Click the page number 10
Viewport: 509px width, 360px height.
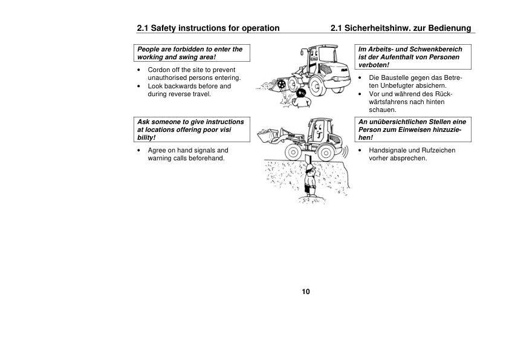(x=305, y=292)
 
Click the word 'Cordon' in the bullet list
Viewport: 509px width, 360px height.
(x=160, y=70)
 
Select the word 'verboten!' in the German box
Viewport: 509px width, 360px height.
(x=374, y=65)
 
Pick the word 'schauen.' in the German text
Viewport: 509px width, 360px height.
(x=381, y=110)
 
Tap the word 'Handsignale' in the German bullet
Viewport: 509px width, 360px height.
(x=387, y=150)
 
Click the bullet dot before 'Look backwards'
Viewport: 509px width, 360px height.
(x=140, y=87)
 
